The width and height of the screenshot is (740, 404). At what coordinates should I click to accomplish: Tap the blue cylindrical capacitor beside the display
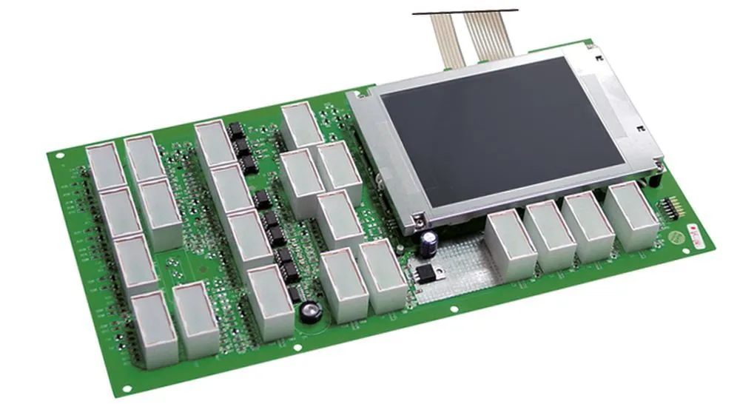[429, 243]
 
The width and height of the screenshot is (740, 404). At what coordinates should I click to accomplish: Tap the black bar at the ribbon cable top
[465, 11]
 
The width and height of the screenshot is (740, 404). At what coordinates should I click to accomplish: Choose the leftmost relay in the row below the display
[511, 245]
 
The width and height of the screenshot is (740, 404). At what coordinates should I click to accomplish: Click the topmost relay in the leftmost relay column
[106, 166]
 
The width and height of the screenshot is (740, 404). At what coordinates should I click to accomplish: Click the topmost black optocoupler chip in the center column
[238, 131]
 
